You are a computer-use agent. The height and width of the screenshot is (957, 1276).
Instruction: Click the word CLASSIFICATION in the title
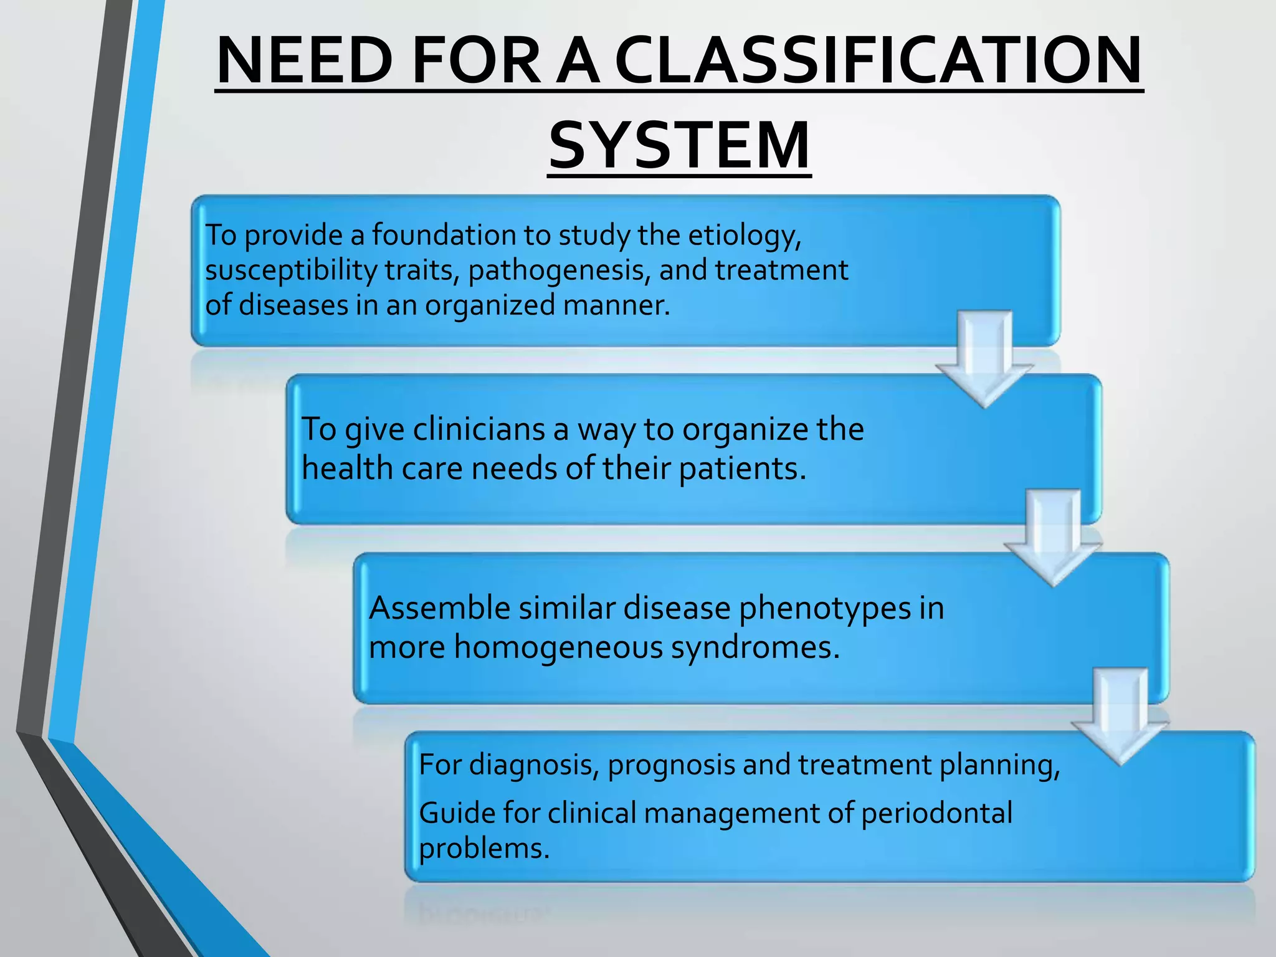pos(878,61)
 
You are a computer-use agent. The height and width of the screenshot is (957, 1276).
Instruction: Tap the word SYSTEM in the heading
pos(680,146)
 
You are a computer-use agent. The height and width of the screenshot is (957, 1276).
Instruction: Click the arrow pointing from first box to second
pos(984,361)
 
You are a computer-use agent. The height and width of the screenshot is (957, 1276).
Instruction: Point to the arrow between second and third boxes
pos(1053,540)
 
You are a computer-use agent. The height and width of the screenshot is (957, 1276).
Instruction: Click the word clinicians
pos(478,430)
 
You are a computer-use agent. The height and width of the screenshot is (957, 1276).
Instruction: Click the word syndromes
pos(755,649)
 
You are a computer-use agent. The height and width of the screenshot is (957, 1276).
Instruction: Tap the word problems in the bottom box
pos(484,849)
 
